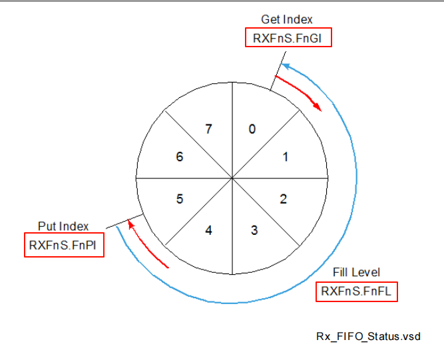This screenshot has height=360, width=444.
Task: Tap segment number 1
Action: (285, 158)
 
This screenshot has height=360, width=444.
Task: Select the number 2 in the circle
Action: (284, 198)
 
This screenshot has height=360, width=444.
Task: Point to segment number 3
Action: (254, 231)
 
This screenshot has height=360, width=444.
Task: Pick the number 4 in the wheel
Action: (209, 231)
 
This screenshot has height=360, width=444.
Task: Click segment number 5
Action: (179, 198)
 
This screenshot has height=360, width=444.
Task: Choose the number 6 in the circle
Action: (179, 158)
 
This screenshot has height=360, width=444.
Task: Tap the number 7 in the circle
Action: (209, 130)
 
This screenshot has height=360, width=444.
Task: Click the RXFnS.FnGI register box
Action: (288, 39)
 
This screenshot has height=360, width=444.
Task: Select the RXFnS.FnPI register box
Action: (64, 245)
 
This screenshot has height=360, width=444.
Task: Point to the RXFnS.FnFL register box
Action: (356, 291)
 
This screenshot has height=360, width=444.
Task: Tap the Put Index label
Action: (64, 227)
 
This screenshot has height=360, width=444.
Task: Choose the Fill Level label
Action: (356, 273)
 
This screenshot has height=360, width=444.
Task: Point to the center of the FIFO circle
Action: (232, 178)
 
